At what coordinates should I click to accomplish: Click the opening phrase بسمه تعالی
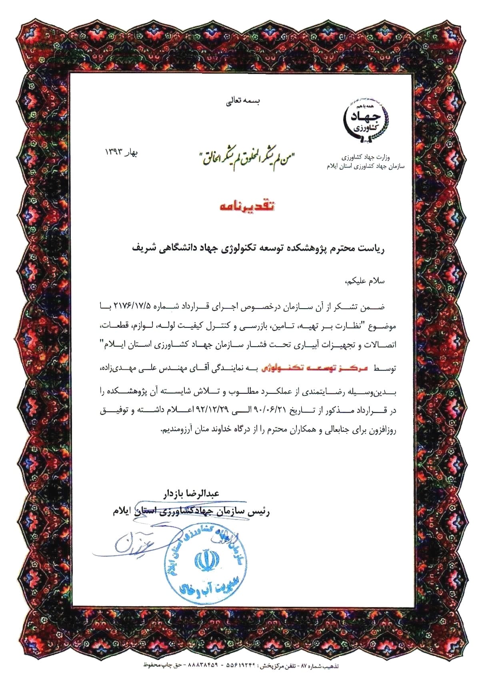pos(244,102)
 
